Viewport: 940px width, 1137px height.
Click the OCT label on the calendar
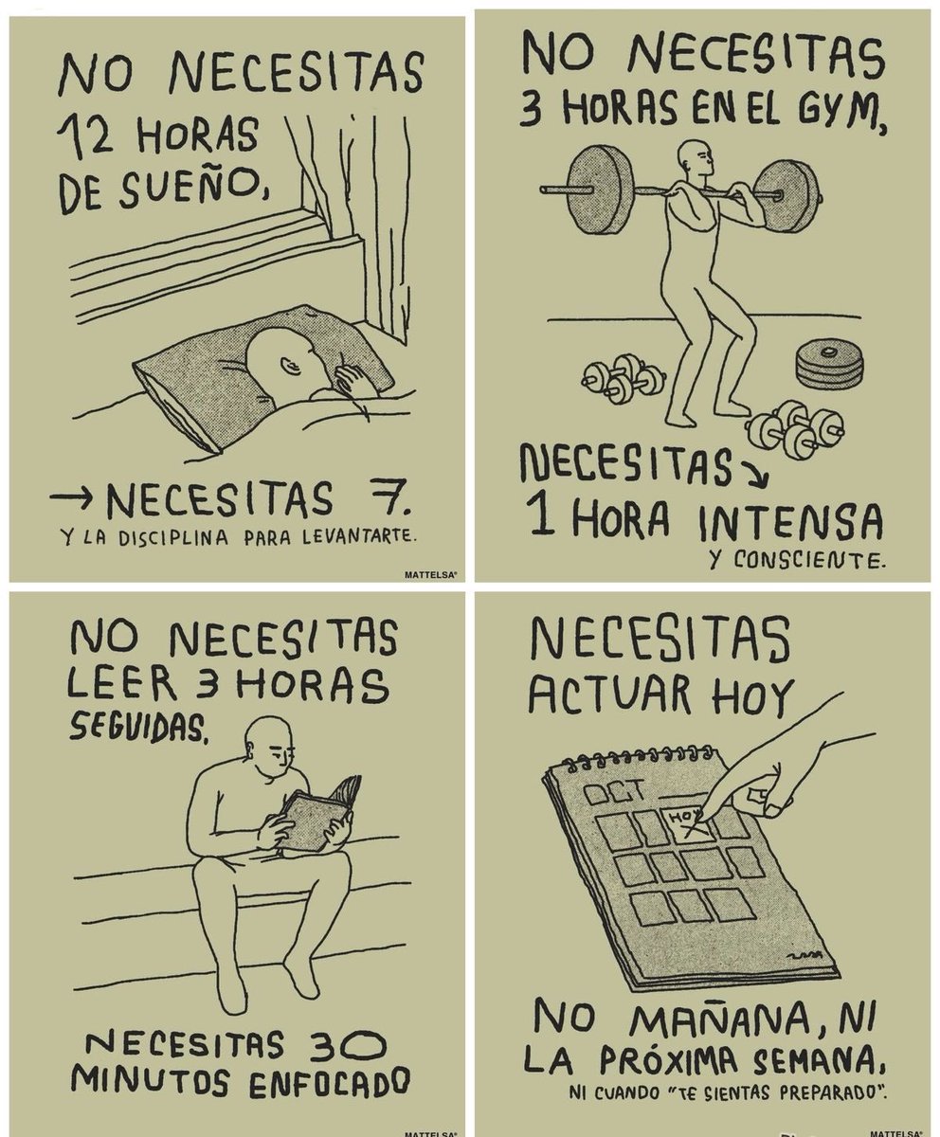(x=616, y=790)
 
